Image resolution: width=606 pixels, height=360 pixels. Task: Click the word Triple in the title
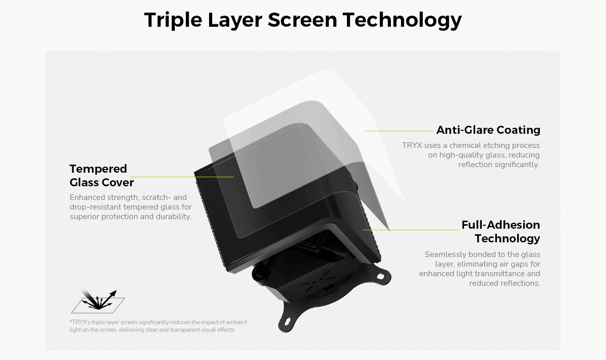click(173, 20)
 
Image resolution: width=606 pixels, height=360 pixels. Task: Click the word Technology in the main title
click(402, 20)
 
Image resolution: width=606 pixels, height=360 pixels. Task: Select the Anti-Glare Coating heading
click(488, 130)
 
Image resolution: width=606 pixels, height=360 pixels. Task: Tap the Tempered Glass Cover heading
click(102, 176)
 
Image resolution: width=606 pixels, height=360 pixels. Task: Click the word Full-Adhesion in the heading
click(501, 225)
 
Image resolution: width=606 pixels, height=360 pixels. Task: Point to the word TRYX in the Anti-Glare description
click(412, 145)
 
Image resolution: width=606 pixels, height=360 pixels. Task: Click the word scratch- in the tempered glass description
click(157, 197)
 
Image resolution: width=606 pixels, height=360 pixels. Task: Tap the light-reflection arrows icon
click(97, 301)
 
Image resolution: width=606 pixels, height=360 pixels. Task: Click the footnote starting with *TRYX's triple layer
click(158, 326)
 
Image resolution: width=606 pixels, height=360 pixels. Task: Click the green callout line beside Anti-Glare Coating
click(399, 131)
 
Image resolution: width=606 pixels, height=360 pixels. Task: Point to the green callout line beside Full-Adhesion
click(411, 230)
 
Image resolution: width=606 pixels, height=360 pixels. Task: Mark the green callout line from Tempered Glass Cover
click(181, 177)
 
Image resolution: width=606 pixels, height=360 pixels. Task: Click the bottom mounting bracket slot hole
click(287, 322)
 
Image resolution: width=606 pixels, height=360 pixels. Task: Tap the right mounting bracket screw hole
click(380, 276)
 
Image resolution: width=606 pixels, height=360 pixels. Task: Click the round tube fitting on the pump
click(259, 272)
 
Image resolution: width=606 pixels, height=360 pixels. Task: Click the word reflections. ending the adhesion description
click(505, 283)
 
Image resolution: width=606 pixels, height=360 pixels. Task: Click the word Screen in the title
click(302, 20)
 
